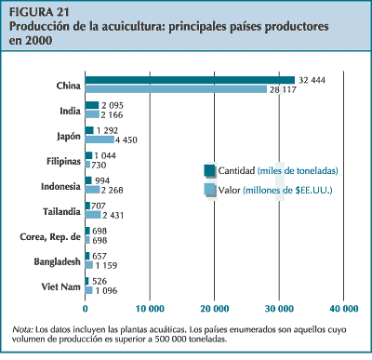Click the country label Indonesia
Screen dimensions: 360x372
[x=55, y=185]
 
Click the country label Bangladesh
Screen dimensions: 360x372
[x=51, y=260]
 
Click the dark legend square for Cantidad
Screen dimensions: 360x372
[x=210, y=170]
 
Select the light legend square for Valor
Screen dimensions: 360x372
[x=210, y=190]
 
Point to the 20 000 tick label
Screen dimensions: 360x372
[x=214, y=308]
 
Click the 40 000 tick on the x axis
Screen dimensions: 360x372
[x=344, y=308]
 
